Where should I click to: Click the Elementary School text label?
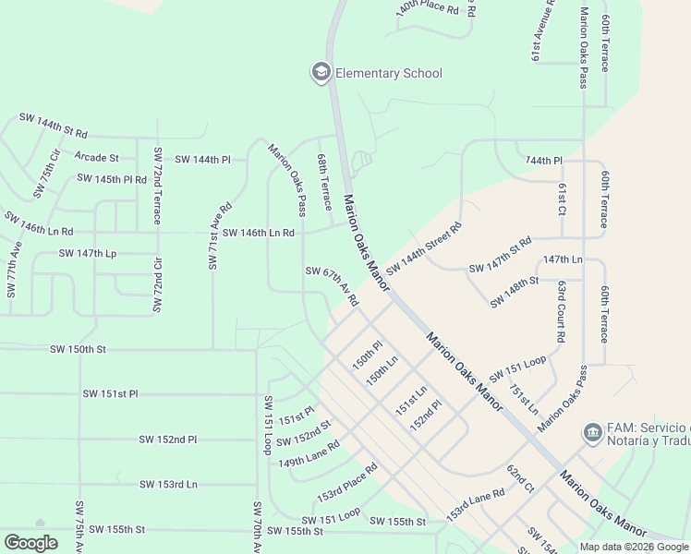pyautogui.click(x=388, y=73)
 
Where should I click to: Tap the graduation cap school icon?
pyautogui.click(x=321, y=72)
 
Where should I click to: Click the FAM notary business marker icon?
pyautogui.click(x=591, y=431)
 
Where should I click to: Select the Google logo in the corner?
pyautogui.click(x=31, y=543)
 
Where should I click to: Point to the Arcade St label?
pyautogui.click(x=97, y=158)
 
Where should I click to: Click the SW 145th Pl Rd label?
pyautogui.click(x=112, y=178)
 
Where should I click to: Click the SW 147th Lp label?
pyautogui.click(x=88, y=252)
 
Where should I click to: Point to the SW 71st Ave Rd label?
pyautogui.click(x=219, y=236)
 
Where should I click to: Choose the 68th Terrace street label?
pyautogui.click(x=324, y=183)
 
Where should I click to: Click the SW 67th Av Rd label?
pyautogui.click(x=332, y=285)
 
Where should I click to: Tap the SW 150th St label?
pyautogui.click(x=79, y=349)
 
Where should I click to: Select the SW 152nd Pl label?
pyautogui.click(x=168, y=440)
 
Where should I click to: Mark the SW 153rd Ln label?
pyautogui.click(x=168, y=484)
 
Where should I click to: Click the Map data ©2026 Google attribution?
pyautogui.click(x=634, y=547)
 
